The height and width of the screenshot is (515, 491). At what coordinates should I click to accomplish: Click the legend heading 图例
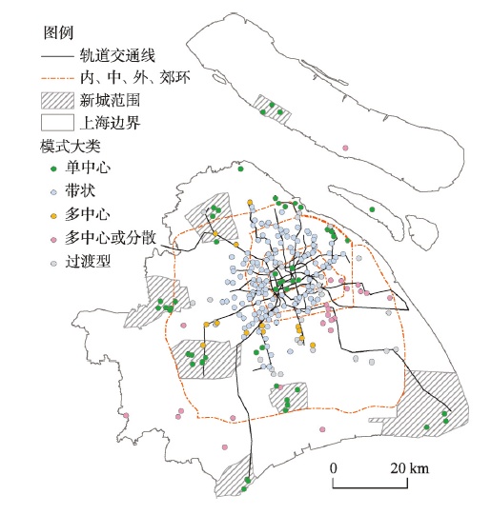tap(58, 33)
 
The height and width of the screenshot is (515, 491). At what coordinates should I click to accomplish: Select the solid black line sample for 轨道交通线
tap(57, 56)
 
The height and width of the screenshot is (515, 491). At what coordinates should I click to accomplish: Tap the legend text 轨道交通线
tap(117, 56)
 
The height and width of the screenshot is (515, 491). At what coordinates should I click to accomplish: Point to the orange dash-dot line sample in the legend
tap(57, 78)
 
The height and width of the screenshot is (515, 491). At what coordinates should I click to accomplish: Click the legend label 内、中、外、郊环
tap(135, 78)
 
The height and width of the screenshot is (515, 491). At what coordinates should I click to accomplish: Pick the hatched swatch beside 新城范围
tap(57, 101)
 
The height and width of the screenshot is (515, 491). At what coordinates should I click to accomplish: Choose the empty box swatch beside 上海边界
tap(57, 123)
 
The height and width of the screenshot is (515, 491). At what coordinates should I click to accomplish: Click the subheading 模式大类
tap(71, 147)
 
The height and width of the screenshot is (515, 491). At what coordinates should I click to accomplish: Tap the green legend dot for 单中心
tap(53, 168)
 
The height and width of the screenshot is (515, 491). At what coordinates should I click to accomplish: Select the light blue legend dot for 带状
tap(53, 192)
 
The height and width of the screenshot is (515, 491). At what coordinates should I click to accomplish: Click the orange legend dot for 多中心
tap(53, 216)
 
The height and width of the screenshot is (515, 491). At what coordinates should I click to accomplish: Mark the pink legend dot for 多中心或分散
tap(53, 240)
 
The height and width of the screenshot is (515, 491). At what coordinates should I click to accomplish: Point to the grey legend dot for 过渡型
tap(53, 264)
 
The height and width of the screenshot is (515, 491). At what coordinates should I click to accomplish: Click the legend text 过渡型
tap(88, 262)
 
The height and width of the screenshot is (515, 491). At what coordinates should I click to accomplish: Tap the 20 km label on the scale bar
tap(409, 468)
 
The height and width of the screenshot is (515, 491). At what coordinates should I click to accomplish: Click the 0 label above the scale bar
tap(334, 468)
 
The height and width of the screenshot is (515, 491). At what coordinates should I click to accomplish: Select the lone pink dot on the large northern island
tap(345, 148)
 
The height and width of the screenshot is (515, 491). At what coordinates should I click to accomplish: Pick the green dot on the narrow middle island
tap(372, 209)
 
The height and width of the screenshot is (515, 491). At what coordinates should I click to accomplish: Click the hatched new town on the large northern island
tap(273, 109)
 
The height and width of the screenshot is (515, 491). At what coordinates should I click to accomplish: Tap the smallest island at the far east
tap(422, 232)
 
